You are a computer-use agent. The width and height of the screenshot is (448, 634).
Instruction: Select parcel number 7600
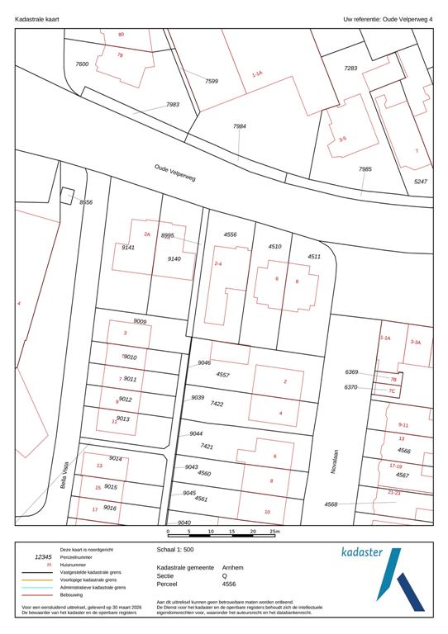[82, 64]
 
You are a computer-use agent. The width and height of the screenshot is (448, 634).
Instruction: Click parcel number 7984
[239, 126]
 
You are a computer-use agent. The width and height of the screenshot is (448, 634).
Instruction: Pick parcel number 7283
[350, 68]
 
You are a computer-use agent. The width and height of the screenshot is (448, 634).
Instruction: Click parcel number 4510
[274, 246]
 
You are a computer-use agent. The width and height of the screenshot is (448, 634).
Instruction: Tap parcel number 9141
[128, 247]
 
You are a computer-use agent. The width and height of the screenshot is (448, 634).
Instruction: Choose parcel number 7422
[217, 404]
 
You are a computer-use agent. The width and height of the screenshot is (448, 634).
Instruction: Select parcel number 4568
[331, 504]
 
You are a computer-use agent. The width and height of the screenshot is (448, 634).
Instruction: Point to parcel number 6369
[350, 372]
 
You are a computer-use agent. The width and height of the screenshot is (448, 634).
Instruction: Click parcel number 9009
[140, 320]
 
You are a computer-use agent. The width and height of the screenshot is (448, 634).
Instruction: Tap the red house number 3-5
[342, 139]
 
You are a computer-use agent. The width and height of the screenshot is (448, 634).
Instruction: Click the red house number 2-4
[218, 263]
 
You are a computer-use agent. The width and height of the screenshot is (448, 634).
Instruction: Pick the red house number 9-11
[403, 423]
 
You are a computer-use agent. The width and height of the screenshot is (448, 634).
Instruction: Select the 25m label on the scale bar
[275, 532]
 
